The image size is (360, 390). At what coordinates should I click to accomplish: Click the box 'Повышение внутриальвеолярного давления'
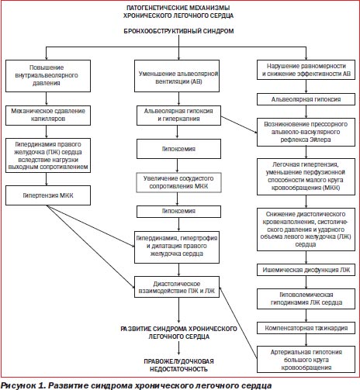pyautogui.click(x=48, y=76)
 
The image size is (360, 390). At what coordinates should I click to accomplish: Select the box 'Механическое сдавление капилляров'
pyautogui.click(x=48, y=116)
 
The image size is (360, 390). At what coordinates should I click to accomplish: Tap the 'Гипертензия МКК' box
pyautogui.click(x=48, y=195)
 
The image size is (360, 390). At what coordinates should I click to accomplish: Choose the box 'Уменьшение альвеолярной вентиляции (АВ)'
pyautogui.click(x=177, y=76)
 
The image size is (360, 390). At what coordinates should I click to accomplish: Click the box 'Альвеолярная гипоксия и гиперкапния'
pyautogui.click(x=178, y=116)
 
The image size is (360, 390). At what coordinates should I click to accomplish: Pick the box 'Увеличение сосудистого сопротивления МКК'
pyautogui.click(x=178, y=182)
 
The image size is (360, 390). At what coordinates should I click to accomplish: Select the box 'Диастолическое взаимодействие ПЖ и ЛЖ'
pyautogui.click(x=177, y=287)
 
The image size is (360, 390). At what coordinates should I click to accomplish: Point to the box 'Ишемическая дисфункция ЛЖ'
pyautogui.click(x=306, y=270)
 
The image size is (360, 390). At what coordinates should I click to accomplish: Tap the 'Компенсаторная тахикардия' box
pyautogui.click(x=306, y=328)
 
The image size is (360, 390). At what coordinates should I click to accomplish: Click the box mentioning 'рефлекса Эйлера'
pyautogui.click(x=306, y=132)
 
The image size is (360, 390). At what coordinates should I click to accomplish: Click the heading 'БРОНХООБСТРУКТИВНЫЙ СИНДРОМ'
pyautogui.click(x=178, y=31)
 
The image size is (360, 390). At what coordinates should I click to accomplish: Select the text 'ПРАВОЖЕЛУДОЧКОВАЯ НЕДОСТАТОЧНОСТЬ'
pyautogui.click(x=178, y=365)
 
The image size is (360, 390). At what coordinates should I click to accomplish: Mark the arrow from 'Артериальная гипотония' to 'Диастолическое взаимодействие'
pyautogui.click(x=238, y=323)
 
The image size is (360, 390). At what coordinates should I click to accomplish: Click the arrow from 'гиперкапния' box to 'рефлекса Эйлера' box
pyautogui.click(x=239, y=125)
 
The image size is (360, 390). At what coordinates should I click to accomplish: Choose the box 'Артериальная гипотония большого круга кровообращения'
pyautogui.click(x=306, y=360)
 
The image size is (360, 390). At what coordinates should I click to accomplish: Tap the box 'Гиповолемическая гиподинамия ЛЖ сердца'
pyautogui.click(x=306, y=299)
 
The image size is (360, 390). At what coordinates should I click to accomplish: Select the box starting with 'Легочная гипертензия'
pyautogui.click(x=306, y=177)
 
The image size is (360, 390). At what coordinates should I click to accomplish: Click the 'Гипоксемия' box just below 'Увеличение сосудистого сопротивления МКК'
pyautogui.click(x=178, y=212)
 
